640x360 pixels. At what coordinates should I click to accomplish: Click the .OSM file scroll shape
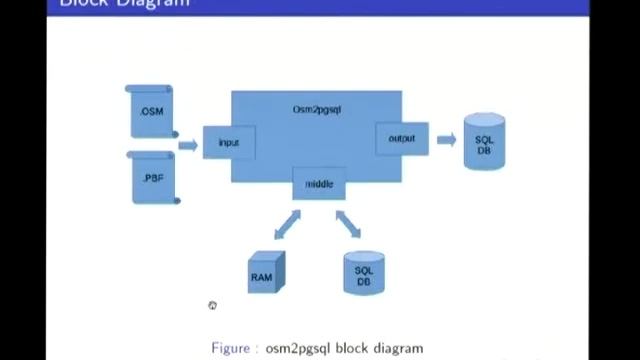click(152, 111)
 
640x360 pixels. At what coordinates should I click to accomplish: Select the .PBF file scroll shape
click(153, 177)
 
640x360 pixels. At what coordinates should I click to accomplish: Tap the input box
click(228, 143)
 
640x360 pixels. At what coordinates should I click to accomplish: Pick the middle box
click(319, 184)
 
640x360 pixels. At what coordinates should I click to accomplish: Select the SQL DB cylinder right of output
click(484, 143)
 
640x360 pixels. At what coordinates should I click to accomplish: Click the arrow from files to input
click(188, 145)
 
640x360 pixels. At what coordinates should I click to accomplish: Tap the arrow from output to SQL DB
click(446, 139)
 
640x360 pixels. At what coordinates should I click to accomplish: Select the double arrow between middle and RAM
click(286, 224)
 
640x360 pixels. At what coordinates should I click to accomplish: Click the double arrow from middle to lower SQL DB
click(348, 222)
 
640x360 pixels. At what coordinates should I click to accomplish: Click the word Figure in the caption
click(232, 348)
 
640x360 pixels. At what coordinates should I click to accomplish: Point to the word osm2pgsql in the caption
click(301, 348)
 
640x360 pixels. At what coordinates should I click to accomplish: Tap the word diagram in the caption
click(398, 348)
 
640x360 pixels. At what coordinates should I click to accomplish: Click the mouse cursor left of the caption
click(212, 305)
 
